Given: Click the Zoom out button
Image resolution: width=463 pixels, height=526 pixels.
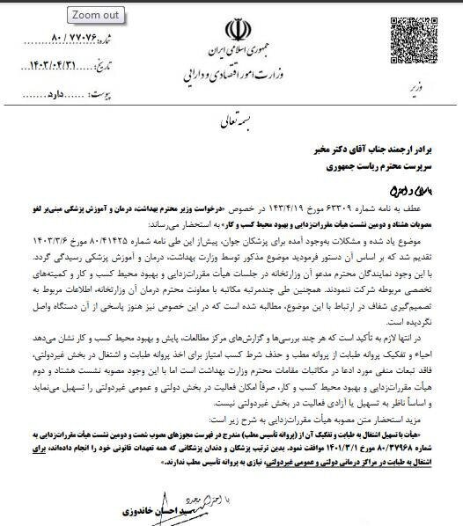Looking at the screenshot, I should click(97, 15).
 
